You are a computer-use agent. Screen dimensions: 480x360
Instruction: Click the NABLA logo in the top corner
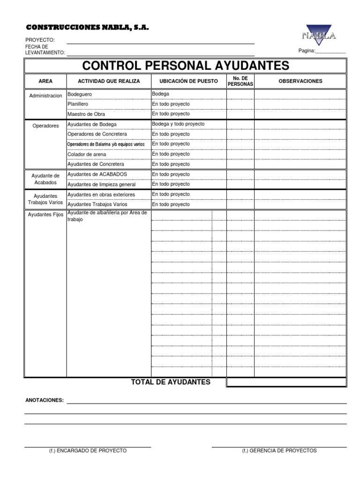pos(319,35)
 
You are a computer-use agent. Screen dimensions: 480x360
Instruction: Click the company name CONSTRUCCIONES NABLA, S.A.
pos(87,28)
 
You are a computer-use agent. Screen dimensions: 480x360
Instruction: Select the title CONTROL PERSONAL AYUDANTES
pos(186,66)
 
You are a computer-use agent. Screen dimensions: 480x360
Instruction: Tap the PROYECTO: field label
pos(40,40)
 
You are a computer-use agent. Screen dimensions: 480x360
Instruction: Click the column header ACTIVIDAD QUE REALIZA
pos(109,81)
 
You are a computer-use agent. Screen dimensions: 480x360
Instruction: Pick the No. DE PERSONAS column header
pos(240,81)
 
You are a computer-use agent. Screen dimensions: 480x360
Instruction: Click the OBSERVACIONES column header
pos(300,81)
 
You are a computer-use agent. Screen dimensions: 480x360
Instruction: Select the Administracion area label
pos(45,96)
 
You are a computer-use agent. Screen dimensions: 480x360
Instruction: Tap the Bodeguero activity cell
pos(80,94)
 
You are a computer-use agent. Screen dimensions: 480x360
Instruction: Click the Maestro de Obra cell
pos(86,114)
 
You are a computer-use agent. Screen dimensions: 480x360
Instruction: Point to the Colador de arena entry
pos(87,154)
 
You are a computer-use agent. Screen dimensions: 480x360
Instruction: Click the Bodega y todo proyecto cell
pos(178,124)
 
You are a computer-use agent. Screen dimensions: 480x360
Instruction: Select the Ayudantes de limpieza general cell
pos(102,184)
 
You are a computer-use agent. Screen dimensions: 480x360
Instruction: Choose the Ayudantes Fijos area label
pos(45,214)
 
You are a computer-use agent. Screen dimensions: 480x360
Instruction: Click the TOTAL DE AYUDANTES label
pos(171,382)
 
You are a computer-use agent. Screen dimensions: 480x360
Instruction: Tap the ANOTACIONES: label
pos(44,401)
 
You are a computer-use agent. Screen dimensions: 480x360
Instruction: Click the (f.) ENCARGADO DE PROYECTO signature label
pos(88,450)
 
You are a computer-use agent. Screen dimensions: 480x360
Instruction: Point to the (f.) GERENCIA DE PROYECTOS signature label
pos(279,450)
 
